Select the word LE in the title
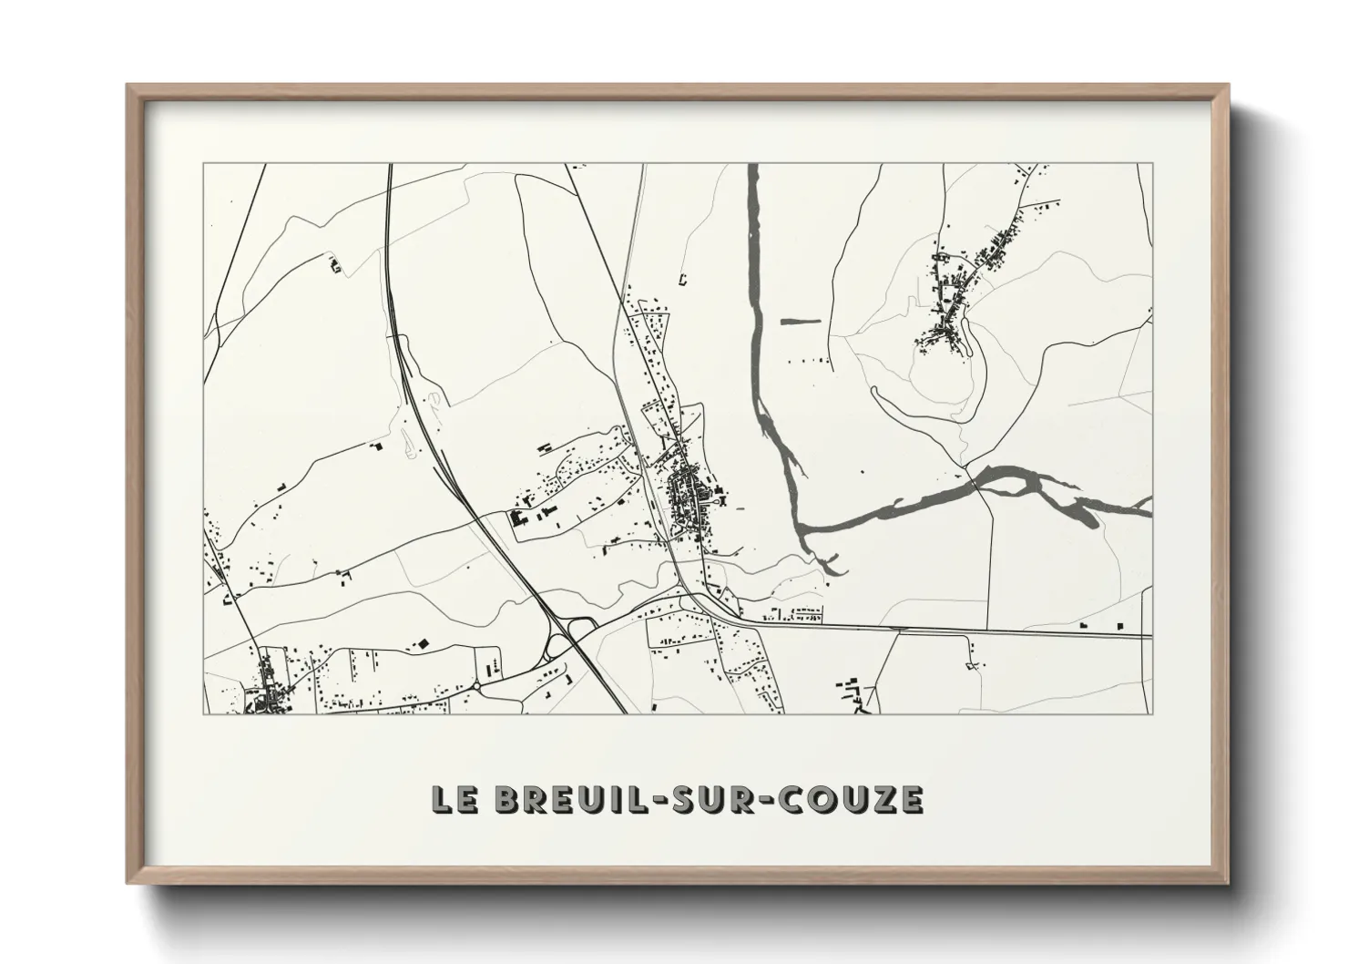click(454, 799)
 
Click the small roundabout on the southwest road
click(475, 684)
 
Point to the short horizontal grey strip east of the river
click(801, 320)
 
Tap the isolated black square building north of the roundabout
click(423, 643)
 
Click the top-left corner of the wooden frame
click(128, 87)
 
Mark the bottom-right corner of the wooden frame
click(1226, 883)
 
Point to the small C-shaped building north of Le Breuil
click(682, 279)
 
